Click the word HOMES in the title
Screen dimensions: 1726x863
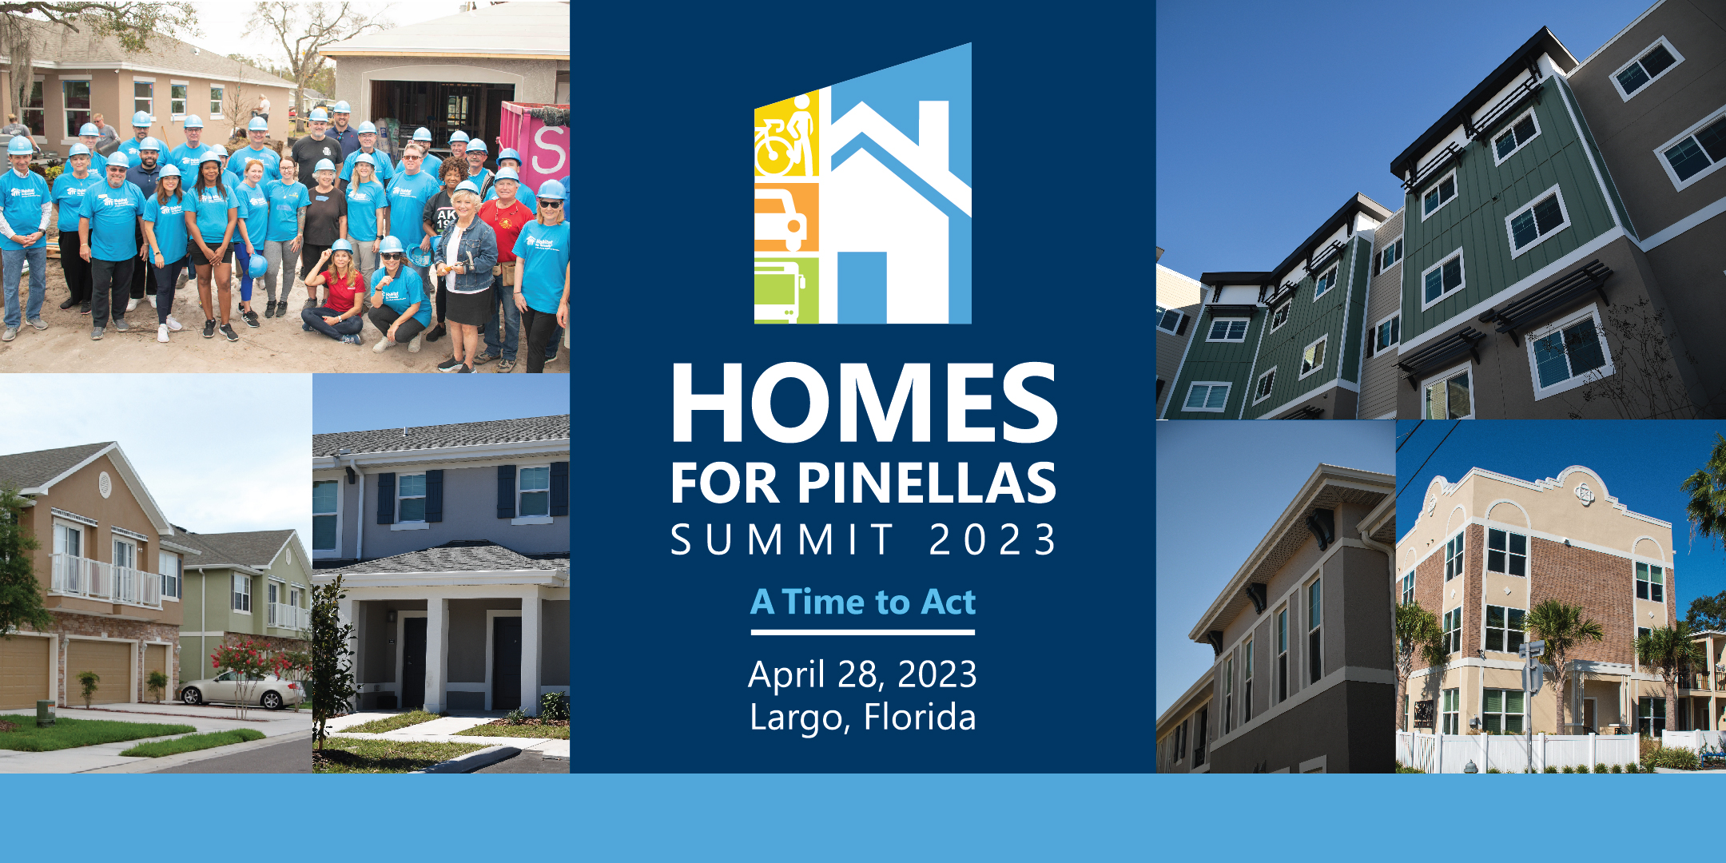pyautogui.click(x=864, y=402)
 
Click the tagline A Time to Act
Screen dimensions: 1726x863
pyautogui.click(x=863, y=602)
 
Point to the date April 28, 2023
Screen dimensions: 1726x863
pyautogui.click(x=863, y=674)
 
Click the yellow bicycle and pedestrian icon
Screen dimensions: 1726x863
pyautogui.click(x=786, y=135)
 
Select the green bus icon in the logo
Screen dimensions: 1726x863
pyautogui.click(x=786, y=289)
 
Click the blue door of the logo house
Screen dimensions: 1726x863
pyautogui.click(x=861, y=288)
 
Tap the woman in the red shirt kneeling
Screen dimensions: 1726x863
pyautogui.click(x=333, y=294)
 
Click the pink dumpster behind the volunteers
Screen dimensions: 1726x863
pyautogui.click(x=534, y=145)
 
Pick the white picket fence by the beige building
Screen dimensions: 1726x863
pyautogui.click(x=1518, y=751)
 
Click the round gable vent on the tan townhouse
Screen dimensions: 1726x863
pyautogui.click(x=105, y=484)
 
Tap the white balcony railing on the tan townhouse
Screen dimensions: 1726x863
pyautogui.click(x=106, y=579)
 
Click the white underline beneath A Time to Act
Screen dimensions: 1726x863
pyautogui.click(x=863, y=632)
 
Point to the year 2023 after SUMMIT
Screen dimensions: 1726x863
pyautogui.click(x=992, y=540)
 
